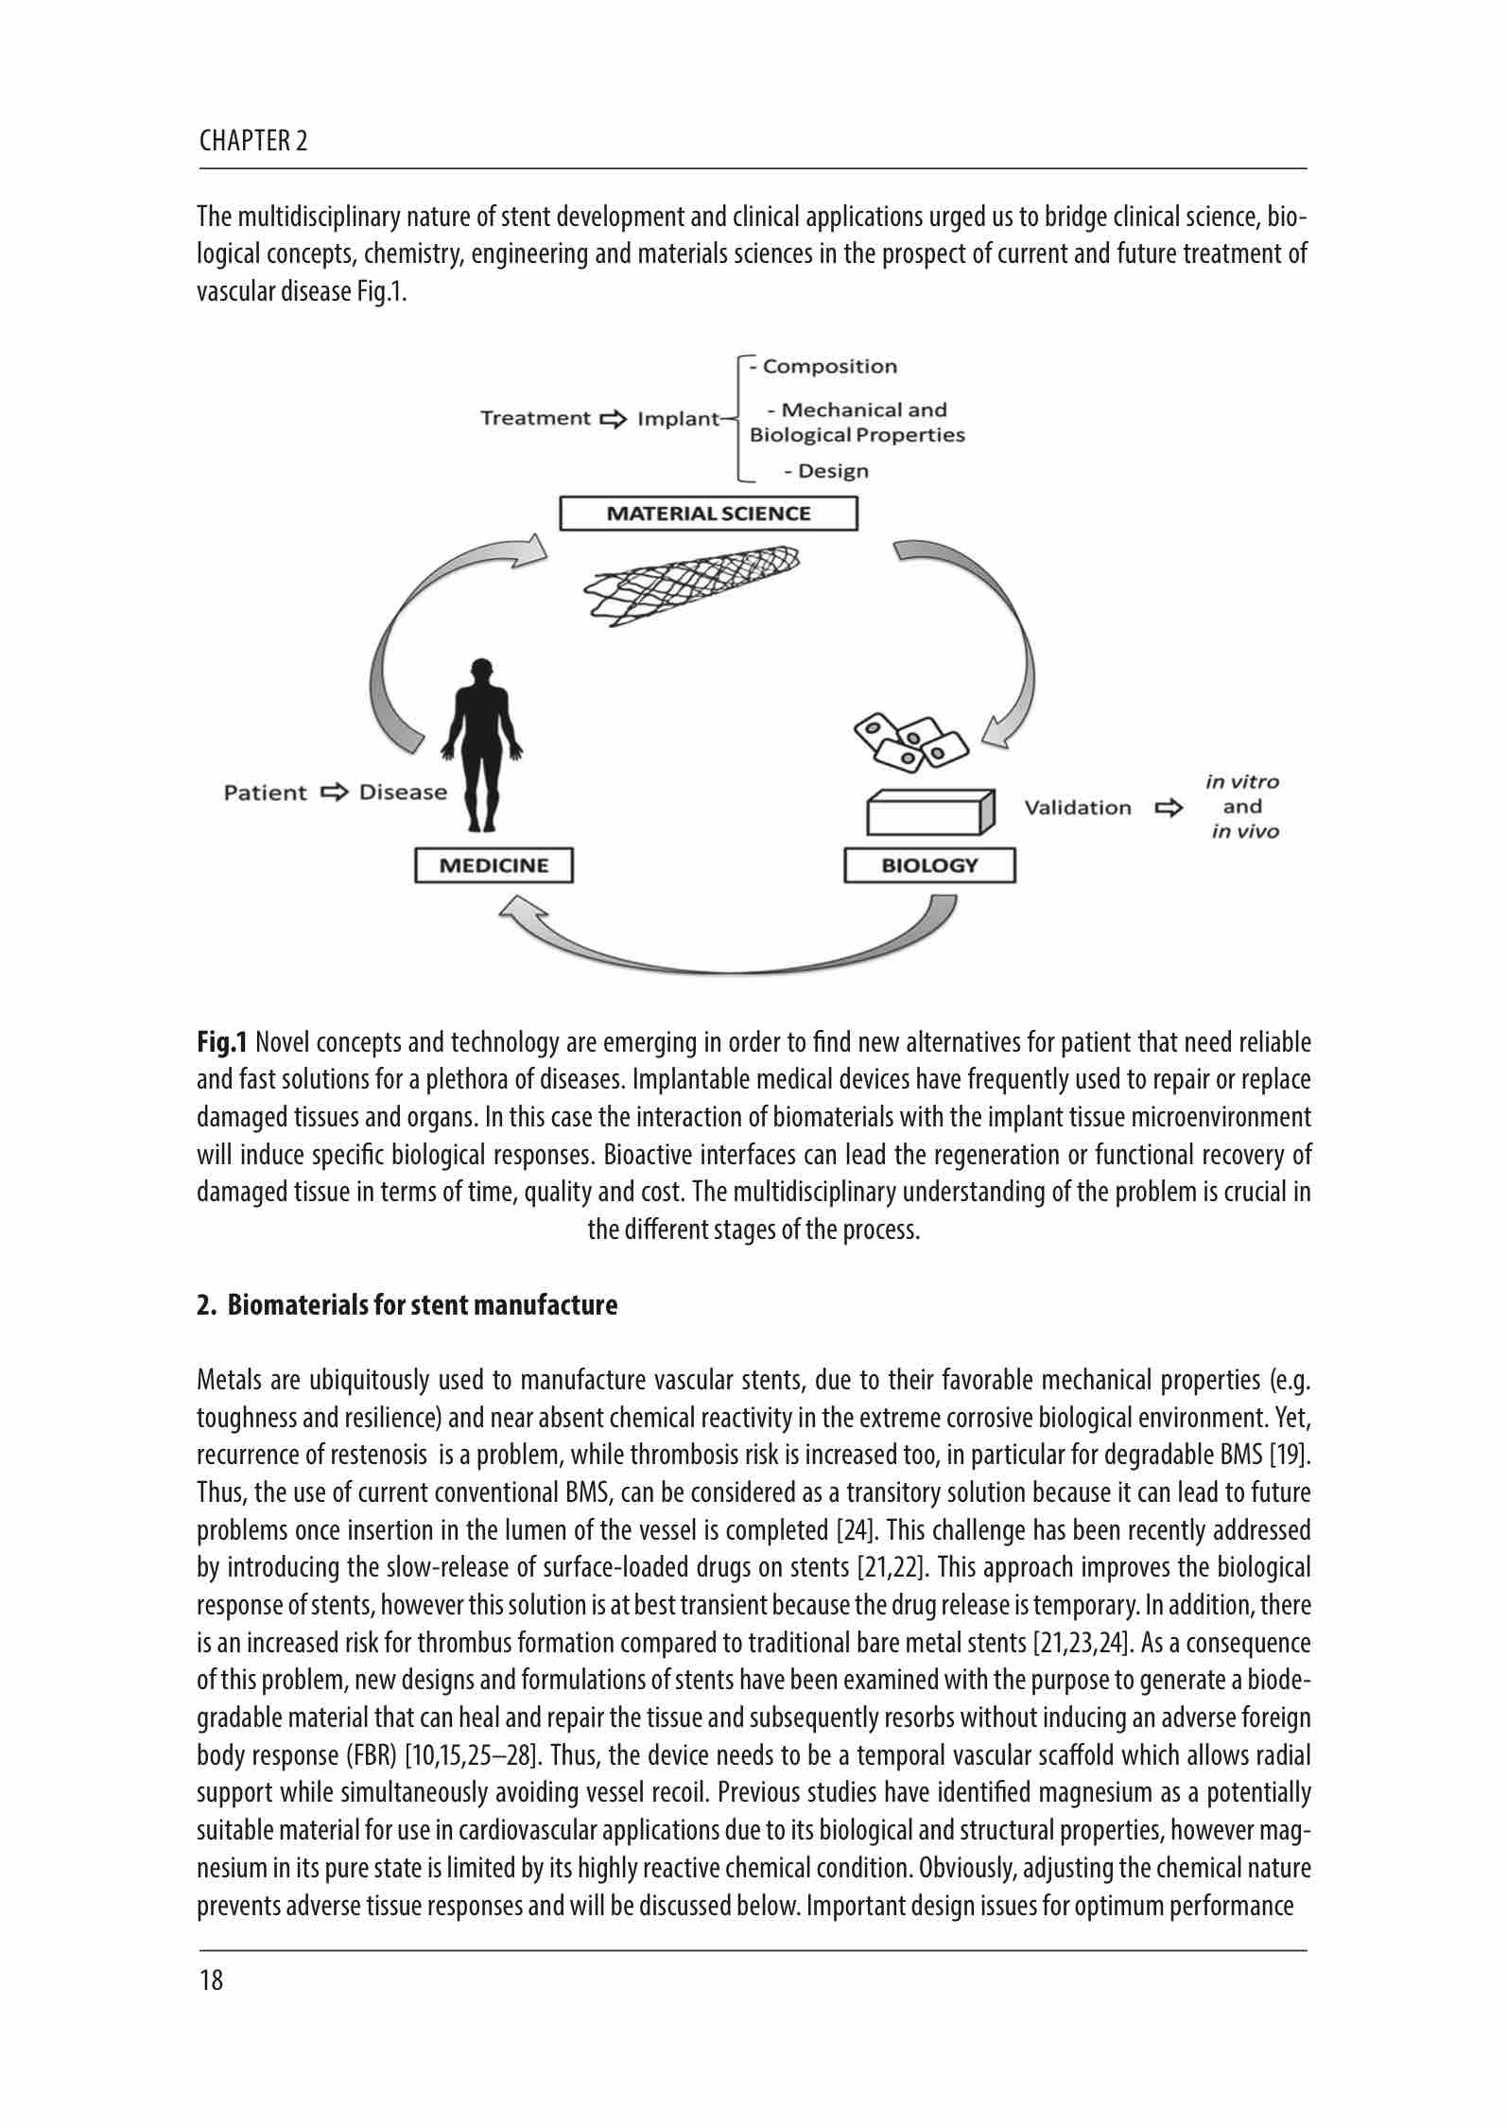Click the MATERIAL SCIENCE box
coord(708,514)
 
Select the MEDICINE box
coord(494,865)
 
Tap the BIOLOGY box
coord(929,865)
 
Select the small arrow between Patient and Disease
coord(334,793)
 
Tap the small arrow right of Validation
coord(1169,808)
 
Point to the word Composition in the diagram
coord(829,367)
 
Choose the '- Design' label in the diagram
coord(825,471)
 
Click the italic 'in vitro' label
coord(1242,782)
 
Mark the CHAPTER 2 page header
coord(253,142)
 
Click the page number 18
coord(212,1980)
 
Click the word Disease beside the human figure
coord(403,793)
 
